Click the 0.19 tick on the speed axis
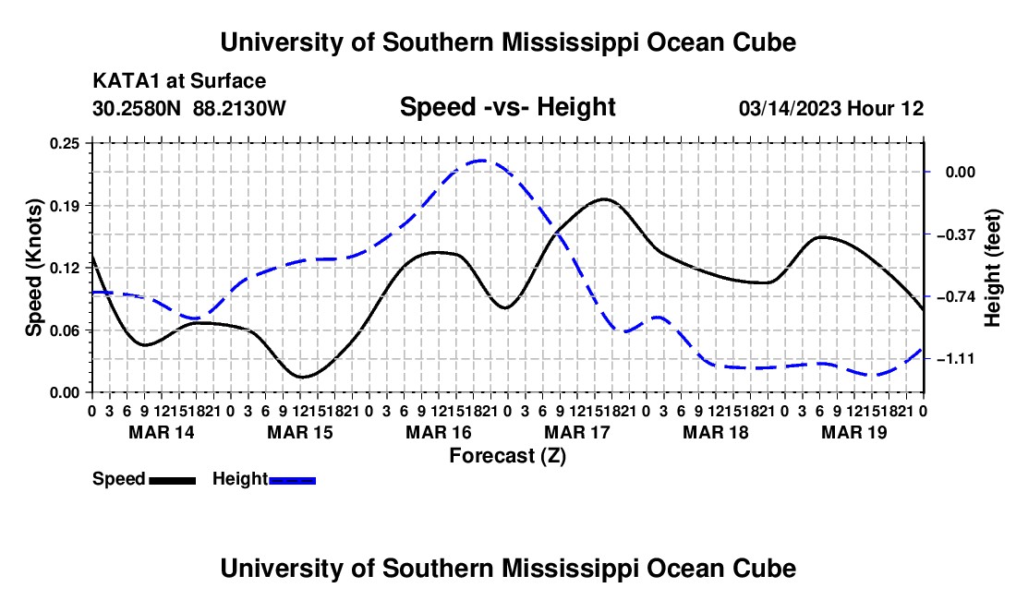coord(64,206)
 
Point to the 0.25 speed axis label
coord(64,144)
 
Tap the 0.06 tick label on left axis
coord(64,330)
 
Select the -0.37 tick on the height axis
coord(956,234)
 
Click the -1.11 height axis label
coord(956,358)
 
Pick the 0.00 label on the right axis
coord(961,173)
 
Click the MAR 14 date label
coord(162,432)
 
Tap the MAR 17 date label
coord(577,432)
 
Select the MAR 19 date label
coord(854,432)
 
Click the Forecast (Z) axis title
coord(508,456)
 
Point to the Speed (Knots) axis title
coord(33,268)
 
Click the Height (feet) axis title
coord(992,268)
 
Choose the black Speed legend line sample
coord(173,480)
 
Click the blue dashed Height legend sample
coord(292,480)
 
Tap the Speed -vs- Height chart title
coord(508,107)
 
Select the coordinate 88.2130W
coord(239,108)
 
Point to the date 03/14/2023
coord(791,108)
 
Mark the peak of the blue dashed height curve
coord(481,160)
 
